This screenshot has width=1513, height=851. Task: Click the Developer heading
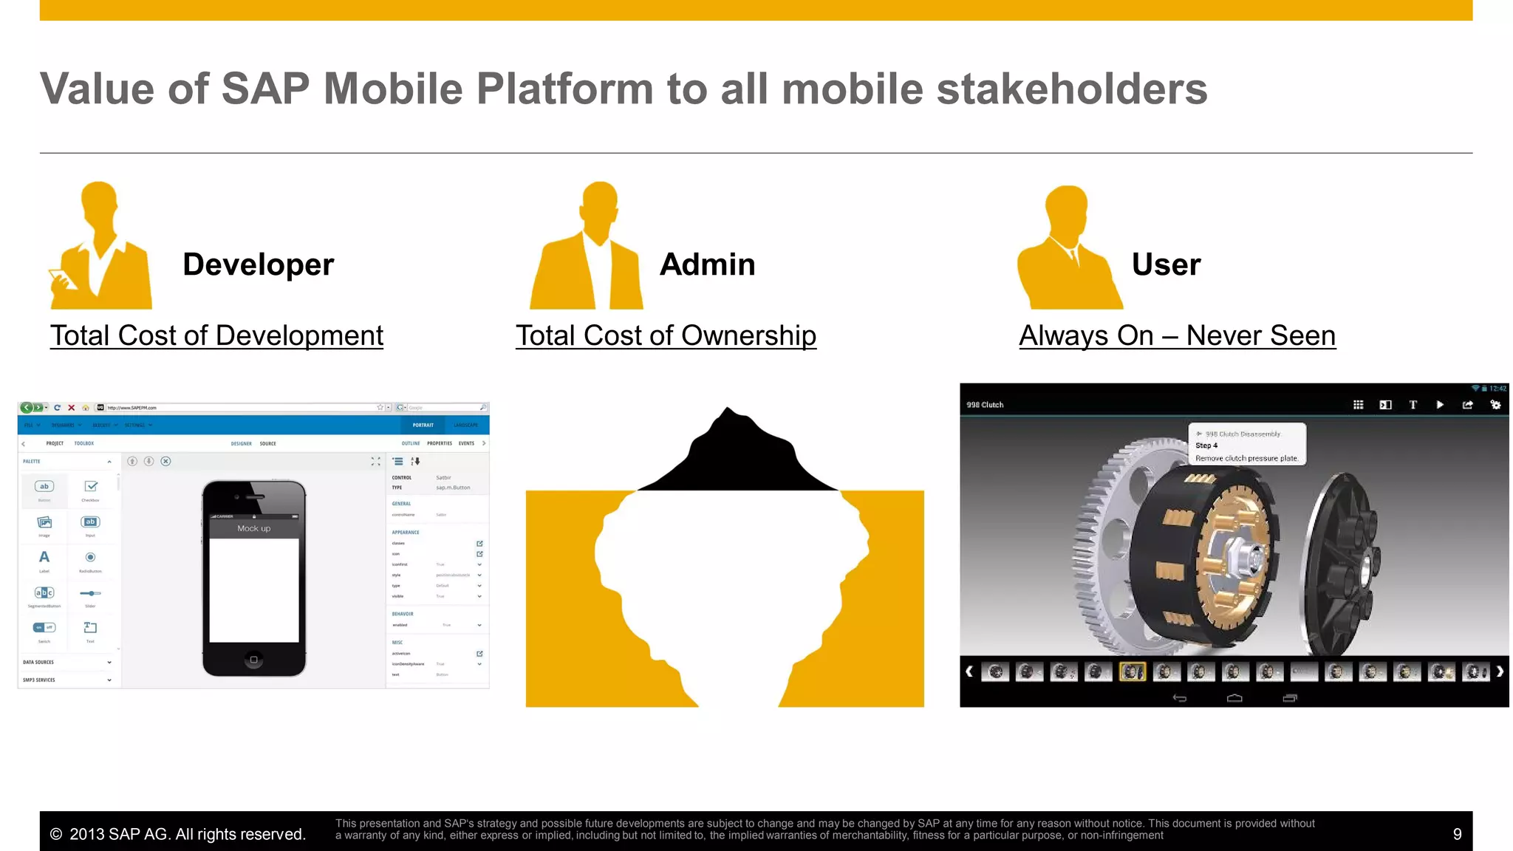coord(258,264)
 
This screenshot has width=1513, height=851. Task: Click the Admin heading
coord(707,264)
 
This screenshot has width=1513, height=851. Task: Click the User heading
coord(1166,264)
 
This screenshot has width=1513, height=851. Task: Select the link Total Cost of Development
coord(216,335)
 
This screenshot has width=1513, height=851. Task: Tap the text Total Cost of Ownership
coord(666,335)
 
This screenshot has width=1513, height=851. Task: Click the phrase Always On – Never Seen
coord(1177,335)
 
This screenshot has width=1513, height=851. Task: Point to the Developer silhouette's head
coord(100,202)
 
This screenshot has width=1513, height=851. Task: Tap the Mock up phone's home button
coord(253,659)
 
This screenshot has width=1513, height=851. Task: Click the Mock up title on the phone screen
coord(253,528)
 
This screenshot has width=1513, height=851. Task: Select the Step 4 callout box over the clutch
coord(1246,444)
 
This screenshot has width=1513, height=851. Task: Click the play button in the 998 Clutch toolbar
coord(1439,405)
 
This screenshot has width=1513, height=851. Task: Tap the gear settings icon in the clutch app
coord(1495,405)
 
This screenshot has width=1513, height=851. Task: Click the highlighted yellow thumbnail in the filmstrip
coord(1132,671)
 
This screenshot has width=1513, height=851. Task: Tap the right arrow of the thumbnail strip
coord(1499,671)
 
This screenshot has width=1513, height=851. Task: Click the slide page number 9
coord(1457,834)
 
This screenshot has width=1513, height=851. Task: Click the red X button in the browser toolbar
coord(71,408)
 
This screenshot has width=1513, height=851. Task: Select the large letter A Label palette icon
coord(44,558)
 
